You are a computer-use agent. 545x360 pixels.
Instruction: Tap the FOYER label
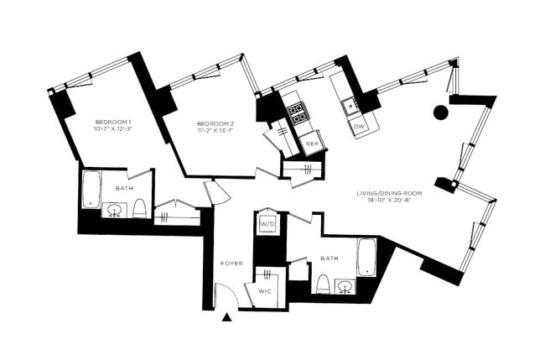point(231,263)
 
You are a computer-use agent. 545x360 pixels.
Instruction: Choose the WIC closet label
point(266,291)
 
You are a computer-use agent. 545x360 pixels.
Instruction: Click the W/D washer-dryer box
point(267,224)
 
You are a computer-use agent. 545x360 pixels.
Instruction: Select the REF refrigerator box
point(311,143)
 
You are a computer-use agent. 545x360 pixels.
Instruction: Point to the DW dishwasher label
point(358,126)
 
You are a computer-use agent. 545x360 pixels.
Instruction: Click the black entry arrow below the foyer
point(226,317)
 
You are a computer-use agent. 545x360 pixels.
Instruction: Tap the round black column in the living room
point(439,112)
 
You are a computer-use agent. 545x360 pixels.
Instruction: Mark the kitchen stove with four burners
point(297,112)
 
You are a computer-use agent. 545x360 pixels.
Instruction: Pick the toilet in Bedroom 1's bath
point(140,207)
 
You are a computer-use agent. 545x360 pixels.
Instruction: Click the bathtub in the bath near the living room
point(366,257)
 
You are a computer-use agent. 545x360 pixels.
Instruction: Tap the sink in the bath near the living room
point(344,286)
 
